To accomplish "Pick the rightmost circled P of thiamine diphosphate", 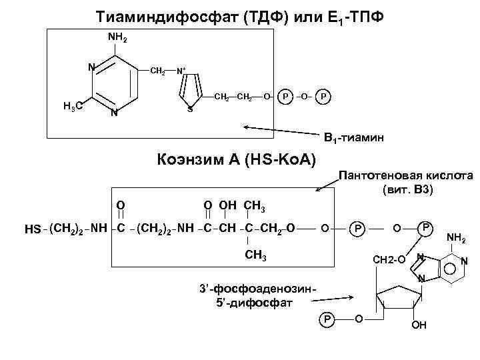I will tap(323, 96).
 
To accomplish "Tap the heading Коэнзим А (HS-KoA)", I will tap(237, 161).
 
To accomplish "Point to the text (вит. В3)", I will tap(408, 190).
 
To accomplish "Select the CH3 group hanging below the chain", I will tap(256, 257).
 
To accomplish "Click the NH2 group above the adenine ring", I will tap(456, 236).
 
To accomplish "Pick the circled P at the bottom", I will tap(327, 319).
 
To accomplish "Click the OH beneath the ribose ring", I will tap(419, 326).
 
